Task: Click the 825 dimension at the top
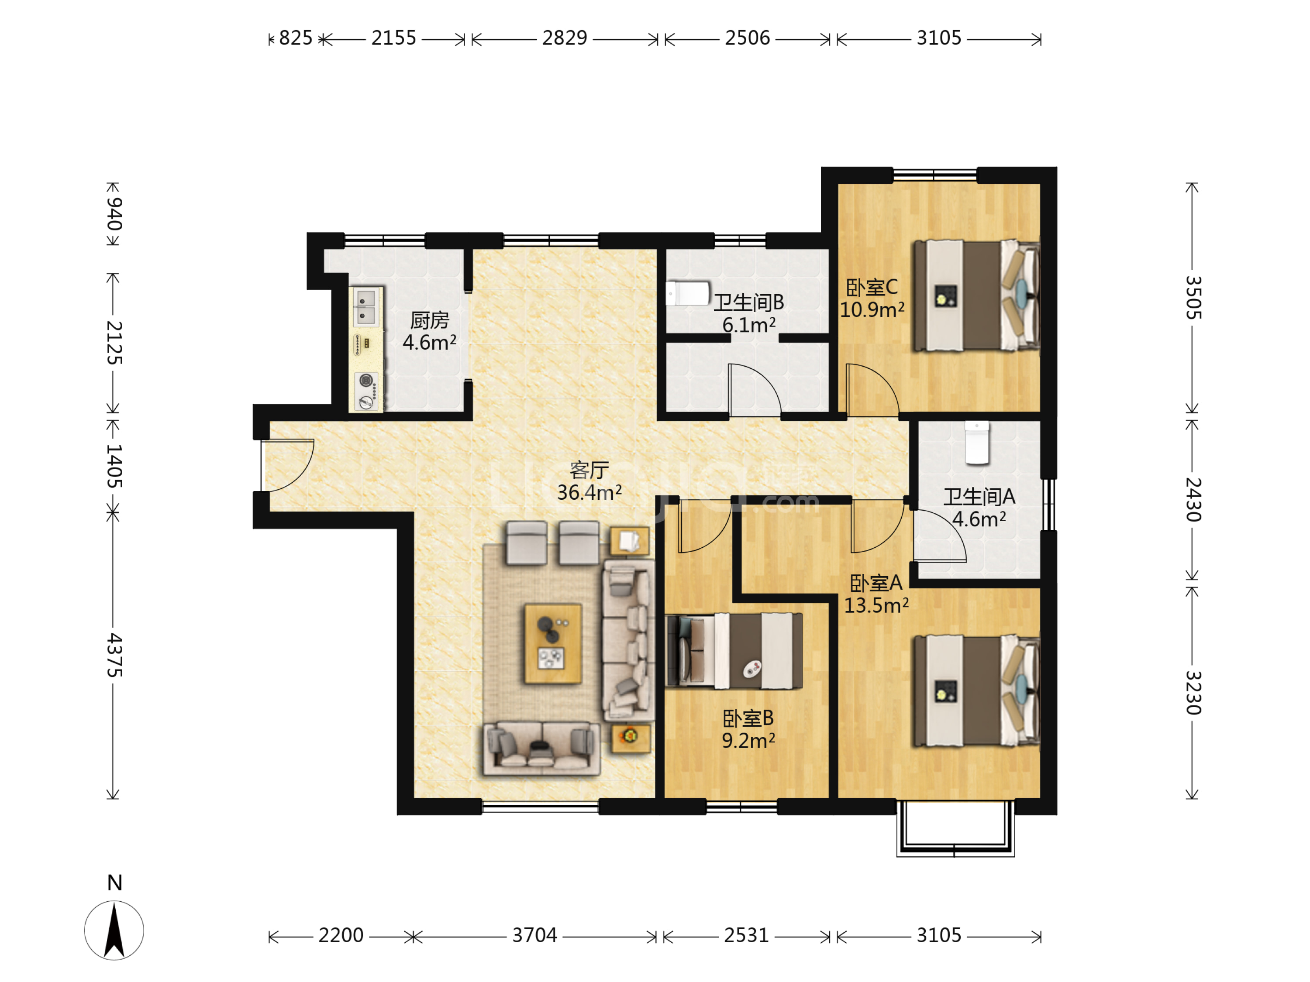point(296,38)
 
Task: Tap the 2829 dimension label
point(564,38)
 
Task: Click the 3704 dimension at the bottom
point(534,935)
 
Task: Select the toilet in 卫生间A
point(976,443)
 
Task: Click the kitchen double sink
point(366,307)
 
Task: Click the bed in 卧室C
point(976,295)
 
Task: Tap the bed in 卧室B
point(734,651)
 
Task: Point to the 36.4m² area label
point(589,492)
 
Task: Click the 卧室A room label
point(876,583)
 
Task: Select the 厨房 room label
point(430,320)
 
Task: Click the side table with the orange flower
point(630,737)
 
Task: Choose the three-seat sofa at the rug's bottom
point(541,748)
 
